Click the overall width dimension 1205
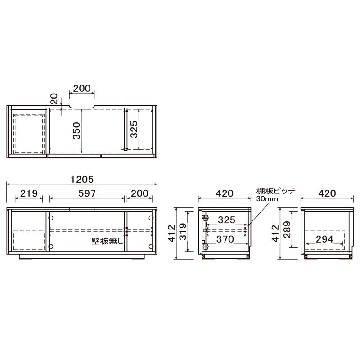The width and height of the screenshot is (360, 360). coord(82,180)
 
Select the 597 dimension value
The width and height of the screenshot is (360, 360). coord(87,193)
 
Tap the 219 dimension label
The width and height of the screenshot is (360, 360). coord(29,193)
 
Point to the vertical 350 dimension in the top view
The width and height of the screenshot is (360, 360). coord(76,131)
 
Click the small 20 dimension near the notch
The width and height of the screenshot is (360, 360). coord(54,99)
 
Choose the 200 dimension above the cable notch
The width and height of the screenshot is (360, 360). coord(82,89)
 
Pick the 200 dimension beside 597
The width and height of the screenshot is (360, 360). coord(139,193)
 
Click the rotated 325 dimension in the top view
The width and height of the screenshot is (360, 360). coord(134,129)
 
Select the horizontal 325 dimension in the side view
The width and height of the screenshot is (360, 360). coord(227,220)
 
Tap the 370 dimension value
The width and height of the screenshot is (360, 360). coord(225,239)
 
